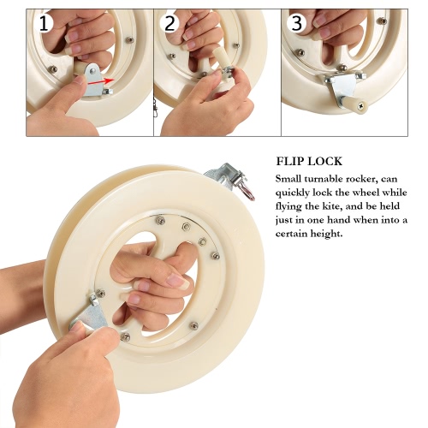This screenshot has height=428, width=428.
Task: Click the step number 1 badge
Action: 44,23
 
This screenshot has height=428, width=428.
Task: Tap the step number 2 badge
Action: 170,23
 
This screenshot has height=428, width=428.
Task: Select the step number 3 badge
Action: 297,23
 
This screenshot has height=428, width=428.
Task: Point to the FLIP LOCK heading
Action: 309,161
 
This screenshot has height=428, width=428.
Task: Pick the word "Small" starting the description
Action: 288,179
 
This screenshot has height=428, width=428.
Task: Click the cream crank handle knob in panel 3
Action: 357,104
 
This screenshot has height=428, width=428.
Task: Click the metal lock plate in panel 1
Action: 93,80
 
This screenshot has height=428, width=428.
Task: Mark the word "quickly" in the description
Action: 292,193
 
